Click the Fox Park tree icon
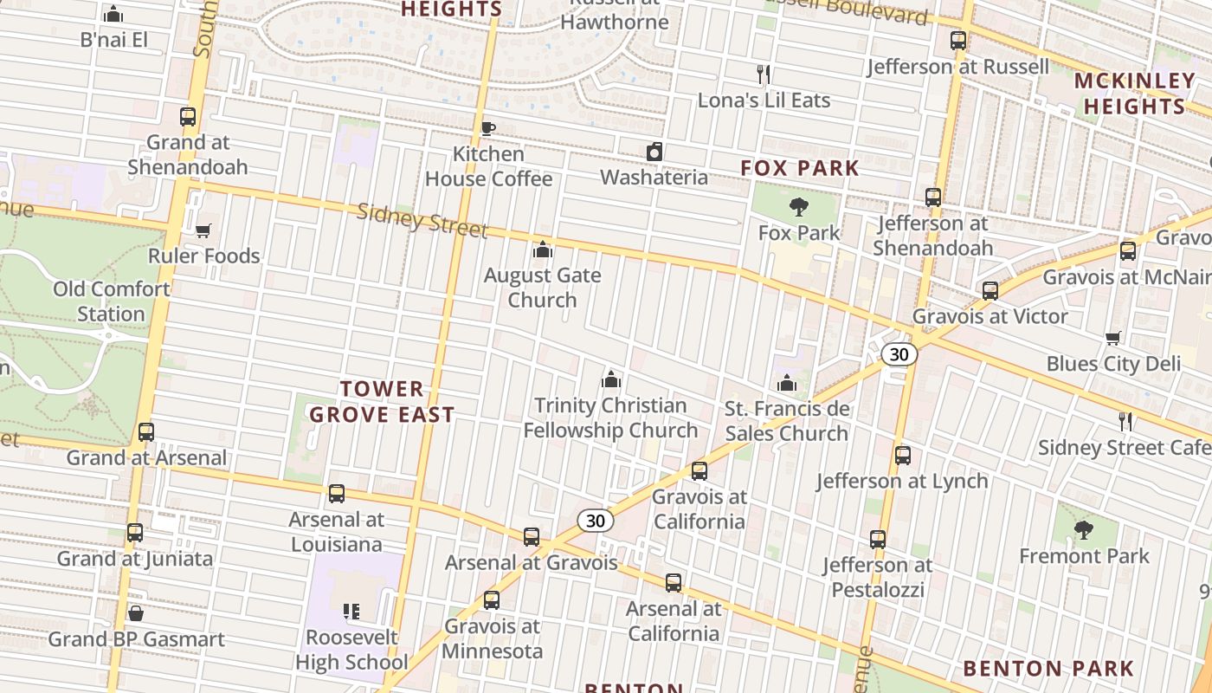(x=798, y=207)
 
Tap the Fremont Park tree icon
(x=1083, y=529)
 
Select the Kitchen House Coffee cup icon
(x=487, y=129)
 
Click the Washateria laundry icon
(x=654, y=152)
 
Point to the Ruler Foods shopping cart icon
(x=203, y=230)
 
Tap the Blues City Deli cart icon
(x=1112, y=338)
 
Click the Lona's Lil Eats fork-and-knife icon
(x=764, y=74)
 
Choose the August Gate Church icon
(x=543, y=249)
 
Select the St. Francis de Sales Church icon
(x=786, y=382)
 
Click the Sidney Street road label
(x=422, y=220)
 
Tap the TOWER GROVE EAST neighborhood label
(x=382, y=402)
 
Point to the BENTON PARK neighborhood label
(x=1048, y=669)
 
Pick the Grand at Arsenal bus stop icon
(x=146, y=431)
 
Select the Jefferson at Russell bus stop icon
(x=957, y=41)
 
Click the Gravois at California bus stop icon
(x=699, y=471)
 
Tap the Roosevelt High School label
(x=351, y=650)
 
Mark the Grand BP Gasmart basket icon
(x=136, y=613)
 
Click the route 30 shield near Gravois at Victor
(x=899, y=354)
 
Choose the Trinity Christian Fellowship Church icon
(x=610, y=379)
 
